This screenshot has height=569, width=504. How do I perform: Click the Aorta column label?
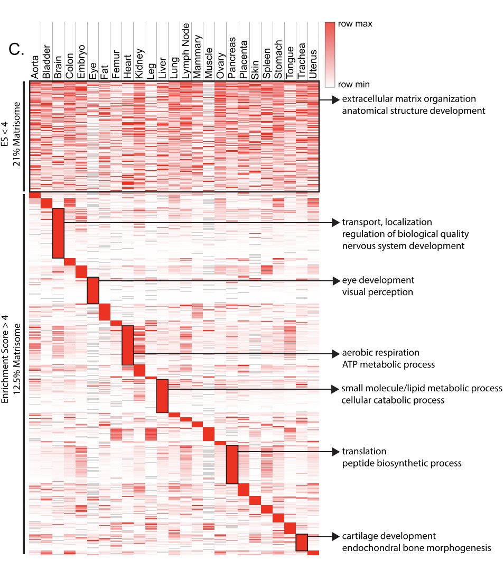click(35, 70)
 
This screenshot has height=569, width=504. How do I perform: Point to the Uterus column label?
click(313, 66)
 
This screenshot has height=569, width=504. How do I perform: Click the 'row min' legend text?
click(353, 84)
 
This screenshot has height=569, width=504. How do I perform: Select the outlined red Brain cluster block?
click(58, 233)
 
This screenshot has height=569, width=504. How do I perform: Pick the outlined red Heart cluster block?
click(128, 345)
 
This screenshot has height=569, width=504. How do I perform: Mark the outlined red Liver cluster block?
click(162, 396)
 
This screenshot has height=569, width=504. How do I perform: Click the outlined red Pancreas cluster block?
click(232, 465)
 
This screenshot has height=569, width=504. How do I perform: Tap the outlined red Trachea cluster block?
click(302, 543)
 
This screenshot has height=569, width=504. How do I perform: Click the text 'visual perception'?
click(377, 292)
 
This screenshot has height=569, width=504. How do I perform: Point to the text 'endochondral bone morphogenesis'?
click(416, 548)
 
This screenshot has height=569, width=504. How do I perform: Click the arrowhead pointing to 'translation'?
click(335, 452)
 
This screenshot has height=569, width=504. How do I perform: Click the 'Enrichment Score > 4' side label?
click(6, 373)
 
